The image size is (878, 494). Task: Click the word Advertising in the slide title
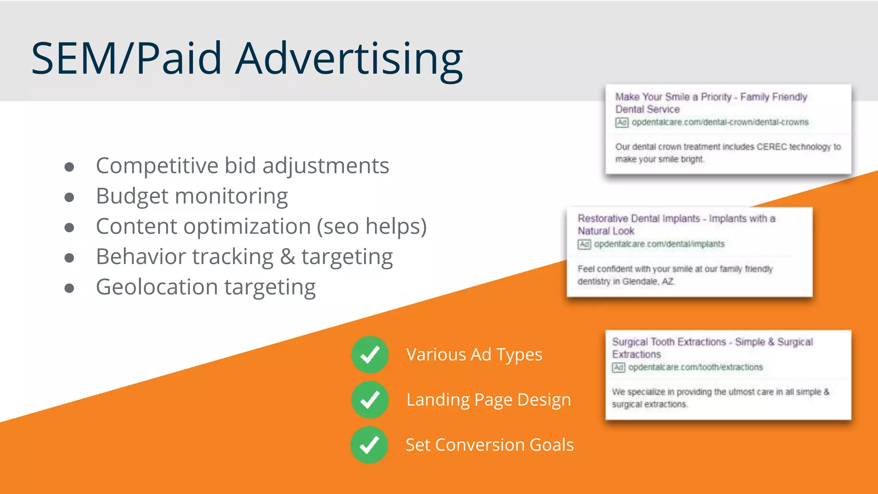349,59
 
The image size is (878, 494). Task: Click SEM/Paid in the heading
126,59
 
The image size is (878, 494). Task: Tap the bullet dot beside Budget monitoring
69,197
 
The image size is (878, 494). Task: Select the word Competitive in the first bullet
157,166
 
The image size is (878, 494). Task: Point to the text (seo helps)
372,226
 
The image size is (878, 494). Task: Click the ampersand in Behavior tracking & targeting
287,257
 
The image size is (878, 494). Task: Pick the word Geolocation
156,287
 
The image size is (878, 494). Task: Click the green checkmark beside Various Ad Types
370,355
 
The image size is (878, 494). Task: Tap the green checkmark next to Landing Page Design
370,400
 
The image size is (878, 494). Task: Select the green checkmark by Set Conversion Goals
369,445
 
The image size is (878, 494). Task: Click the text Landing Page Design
488,400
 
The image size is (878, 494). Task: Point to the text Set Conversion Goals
489,445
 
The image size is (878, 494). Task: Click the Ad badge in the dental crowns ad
622,123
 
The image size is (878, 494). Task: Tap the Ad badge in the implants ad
584,244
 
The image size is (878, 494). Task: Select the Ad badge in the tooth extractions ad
618,367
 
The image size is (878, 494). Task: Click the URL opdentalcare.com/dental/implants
659,244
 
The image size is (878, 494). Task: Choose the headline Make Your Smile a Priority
673,97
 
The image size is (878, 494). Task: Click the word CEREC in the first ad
771,147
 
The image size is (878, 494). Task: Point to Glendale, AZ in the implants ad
648,282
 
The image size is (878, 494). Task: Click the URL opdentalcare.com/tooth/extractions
695,367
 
